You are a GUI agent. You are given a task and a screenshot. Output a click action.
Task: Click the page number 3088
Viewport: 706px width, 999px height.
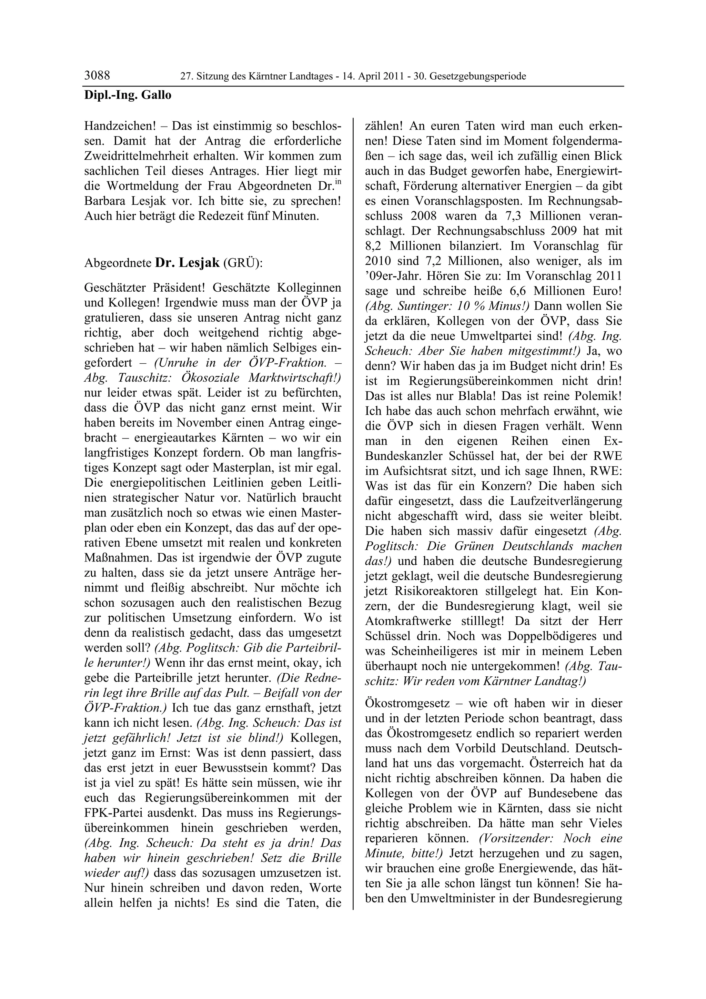point(97,76)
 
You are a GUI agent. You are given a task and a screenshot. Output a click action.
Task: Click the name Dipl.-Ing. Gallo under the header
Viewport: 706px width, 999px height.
point(128,95)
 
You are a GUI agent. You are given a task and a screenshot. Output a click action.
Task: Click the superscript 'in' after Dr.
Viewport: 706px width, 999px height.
point(337,182)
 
